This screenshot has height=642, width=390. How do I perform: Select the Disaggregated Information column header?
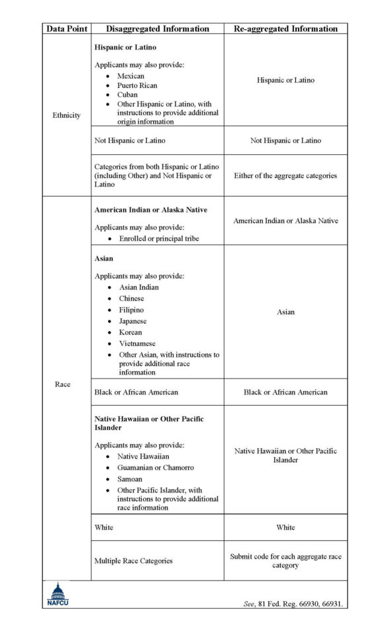158,28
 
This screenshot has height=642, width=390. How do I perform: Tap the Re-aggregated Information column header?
285,28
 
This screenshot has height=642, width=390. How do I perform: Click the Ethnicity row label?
66,115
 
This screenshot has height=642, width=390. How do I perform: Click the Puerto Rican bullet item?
137,85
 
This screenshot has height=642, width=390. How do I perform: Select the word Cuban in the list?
127,95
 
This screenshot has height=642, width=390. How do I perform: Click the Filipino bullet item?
131,310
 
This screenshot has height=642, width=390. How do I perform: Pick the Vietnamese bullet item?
137,344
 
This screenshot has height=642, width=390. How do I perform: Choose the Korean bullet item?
130,332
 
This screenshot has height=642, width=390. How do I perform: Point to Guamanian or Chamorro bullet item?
156,467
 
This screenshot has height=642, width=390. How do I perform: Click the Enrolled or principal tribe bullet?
159,238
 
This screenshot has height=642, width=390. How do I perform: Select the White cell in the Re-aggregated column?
285,527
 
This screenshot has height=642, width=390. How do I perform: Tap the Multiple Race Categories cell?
133,561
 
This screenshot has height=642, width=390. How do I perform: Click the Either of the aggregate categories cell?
285,175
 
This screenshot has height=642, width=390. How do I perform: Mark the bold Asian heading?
104,259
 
